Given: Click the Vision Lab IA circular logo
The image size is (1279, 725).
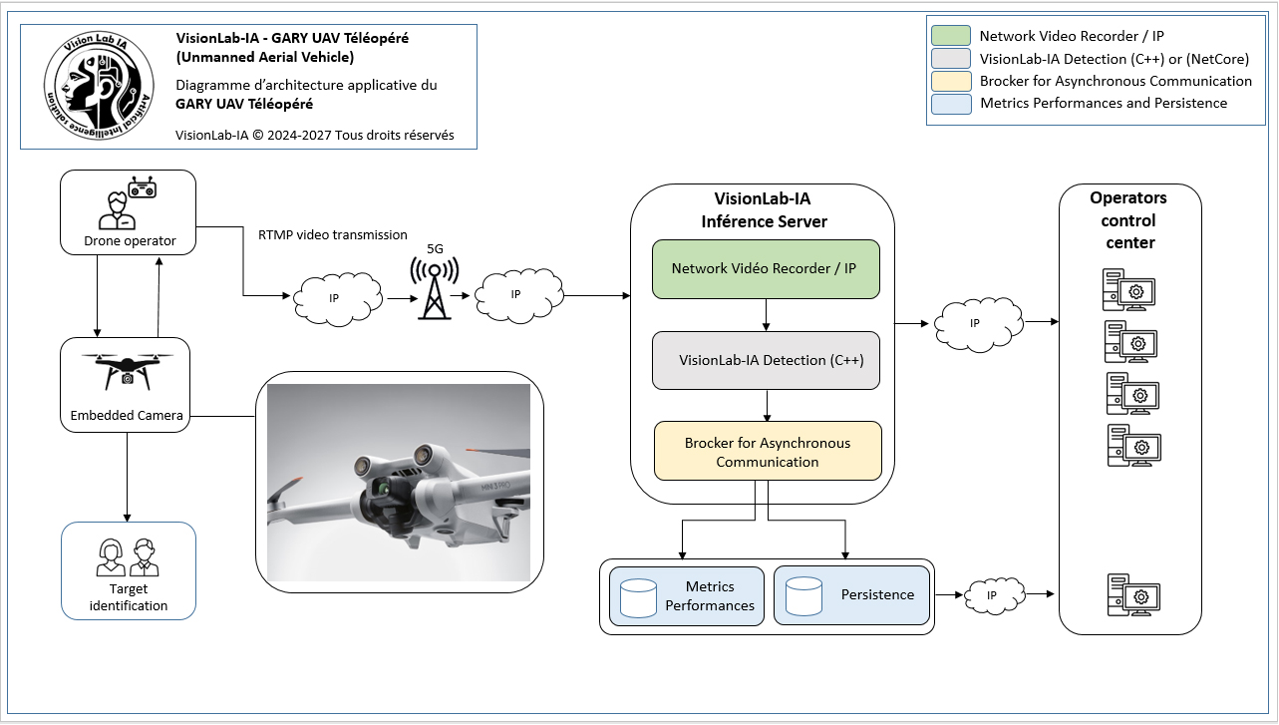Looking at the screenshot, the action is pyautogui.click(x=99, y=86).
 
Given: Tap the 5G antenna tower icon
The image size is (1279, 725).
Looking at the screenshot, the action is pyautogui.click(x=435, y=288).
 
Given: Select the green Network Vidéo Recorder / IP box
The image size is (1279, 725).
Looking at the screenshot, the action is pyautogui.click(x=766, y=269).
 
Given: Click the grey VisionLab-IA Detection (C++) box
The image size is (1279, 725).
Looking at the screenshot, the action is pyautogui.click(x=766, y=360).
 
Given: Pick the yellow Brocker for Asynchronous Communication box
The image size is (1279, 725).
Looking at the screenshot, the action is pyautogui.click(x=768, y=452).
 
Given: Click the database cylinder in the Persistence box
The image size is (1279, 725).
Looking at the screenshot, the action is pyautogui.click(x=803, y=596).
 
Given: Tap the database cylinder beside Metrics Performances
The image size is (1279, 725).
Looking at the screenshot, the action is pyautogui.click(x=638, y=598).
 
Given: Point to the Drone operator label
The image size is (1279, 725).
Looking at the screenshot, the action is pyautogui.click(x=130, y=241).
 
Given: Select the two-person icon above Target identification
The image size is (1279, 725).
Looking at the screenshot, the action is pyautogui.click(x=128, y=557).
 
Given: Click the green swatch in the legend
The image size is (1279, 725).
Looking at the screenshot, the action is pyautogui.click(x=951, y=36).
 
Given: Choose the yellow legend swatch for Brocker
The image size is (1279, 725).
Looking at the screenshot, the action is pyautogui.click(x=951, y=81).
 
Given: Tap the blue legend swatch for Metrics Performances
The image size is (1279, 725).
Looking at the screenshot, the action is pyautogui.click(x=951, y=104).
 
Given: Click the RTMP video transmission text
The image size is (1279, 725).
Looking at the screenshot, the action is pyautogui.click(x=333, y=234).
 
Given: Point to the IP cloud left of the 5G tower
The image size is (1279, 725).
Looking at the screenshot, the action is pyautogui.click(x=338, y=299).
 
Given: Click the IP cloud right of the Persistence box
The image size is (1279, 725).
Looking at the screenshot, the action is pyautogui.click(x=994, y=596).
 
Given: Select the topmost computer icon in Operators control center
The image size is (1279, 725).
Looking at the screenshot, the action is pyautogui.click(x=1128, y=290).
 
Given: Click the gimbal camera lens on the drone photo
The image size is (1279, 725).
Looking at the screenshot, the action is pyautogui.click(x=381, y=489).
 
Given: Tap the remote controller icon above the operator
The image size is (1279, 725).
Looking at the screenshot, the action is pyautogui.click(x=143, y=187).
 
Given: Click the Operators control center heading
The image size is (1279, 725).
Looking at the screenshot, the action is pyautogui.click(x=1128, y=220).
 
